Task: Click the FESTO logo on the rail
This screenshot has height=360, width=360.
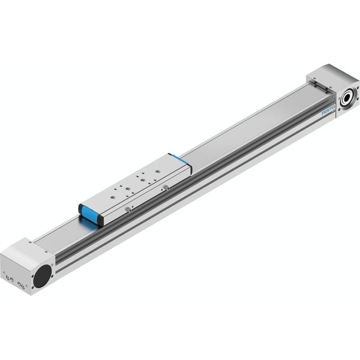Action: coord(328,110)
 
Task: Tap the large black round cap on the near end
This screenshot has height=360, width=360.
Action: coord(43,276)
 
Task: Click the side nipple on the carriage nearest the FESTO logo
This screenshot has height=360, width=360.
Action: coord(167,188)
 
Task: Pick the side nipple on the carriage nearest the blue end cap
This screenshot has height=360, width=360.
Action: coord(128,209)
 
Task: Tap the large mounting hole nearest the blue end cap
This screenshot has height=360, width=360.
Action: coord(112,197)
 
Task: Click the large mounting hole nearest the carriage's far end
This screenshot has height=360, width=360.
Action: coord(157,171)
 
